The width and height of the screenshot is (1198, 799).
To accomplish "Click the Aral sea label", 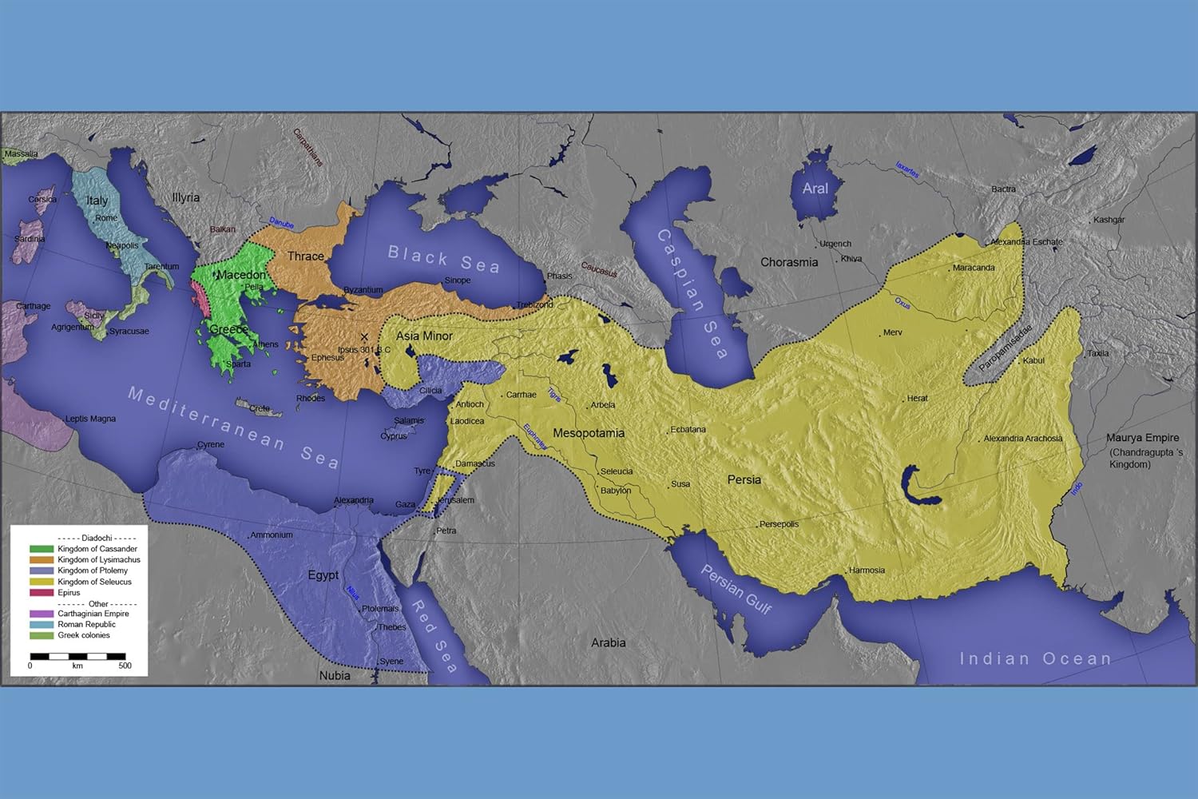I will (815, 189).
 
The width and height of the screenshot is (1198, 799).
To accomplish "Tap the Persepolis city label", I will (779, 524).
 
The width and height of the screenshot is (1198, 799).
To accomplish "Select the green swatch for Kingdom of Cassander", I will (42, 549).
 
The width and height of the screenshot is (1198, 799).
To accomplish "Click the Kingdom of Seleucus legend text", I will (94, 582).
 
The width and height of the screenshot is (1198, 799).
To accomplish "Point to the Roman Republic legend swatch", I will (42, 625).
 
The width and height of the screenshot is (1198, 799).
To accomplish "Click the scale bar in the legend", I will (77, 657).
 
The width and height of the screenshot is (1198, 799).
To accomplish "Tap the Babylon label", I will (615, 491).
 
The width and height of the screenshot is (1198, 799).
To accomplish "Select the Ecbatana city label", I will (688, 430).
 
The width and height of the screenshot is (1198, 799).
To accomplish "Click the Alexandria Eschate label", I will (1026, 242).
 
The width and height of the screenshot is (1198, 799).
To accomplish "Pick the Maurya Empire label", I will (1142, 438).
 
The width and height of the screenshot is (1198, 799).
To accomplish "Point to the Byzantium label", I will (363, 290).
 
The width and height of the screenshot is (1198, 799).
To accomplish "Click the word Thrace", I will (305, 256).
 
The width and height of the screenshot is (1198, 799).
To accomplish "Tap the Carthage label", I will (33, 306).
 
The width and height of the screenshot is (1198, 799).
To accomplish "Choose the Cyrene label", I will (211, 445).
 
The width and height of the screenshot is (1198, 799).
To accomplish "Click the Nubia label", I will (335, 676).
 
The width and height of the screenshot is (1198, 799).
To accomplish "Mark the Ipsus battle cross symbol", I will (364, 337).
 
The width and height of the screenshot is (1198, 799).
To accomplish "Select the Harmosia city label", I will (867, 570).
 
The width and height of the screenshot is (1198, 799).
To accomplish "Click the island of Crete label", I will (260, 408).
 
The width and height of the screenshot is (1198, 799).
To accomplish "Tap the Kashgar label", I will (1109, 220).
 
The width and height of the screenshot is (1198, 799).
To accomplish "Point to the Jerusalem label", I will (456, 500).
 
